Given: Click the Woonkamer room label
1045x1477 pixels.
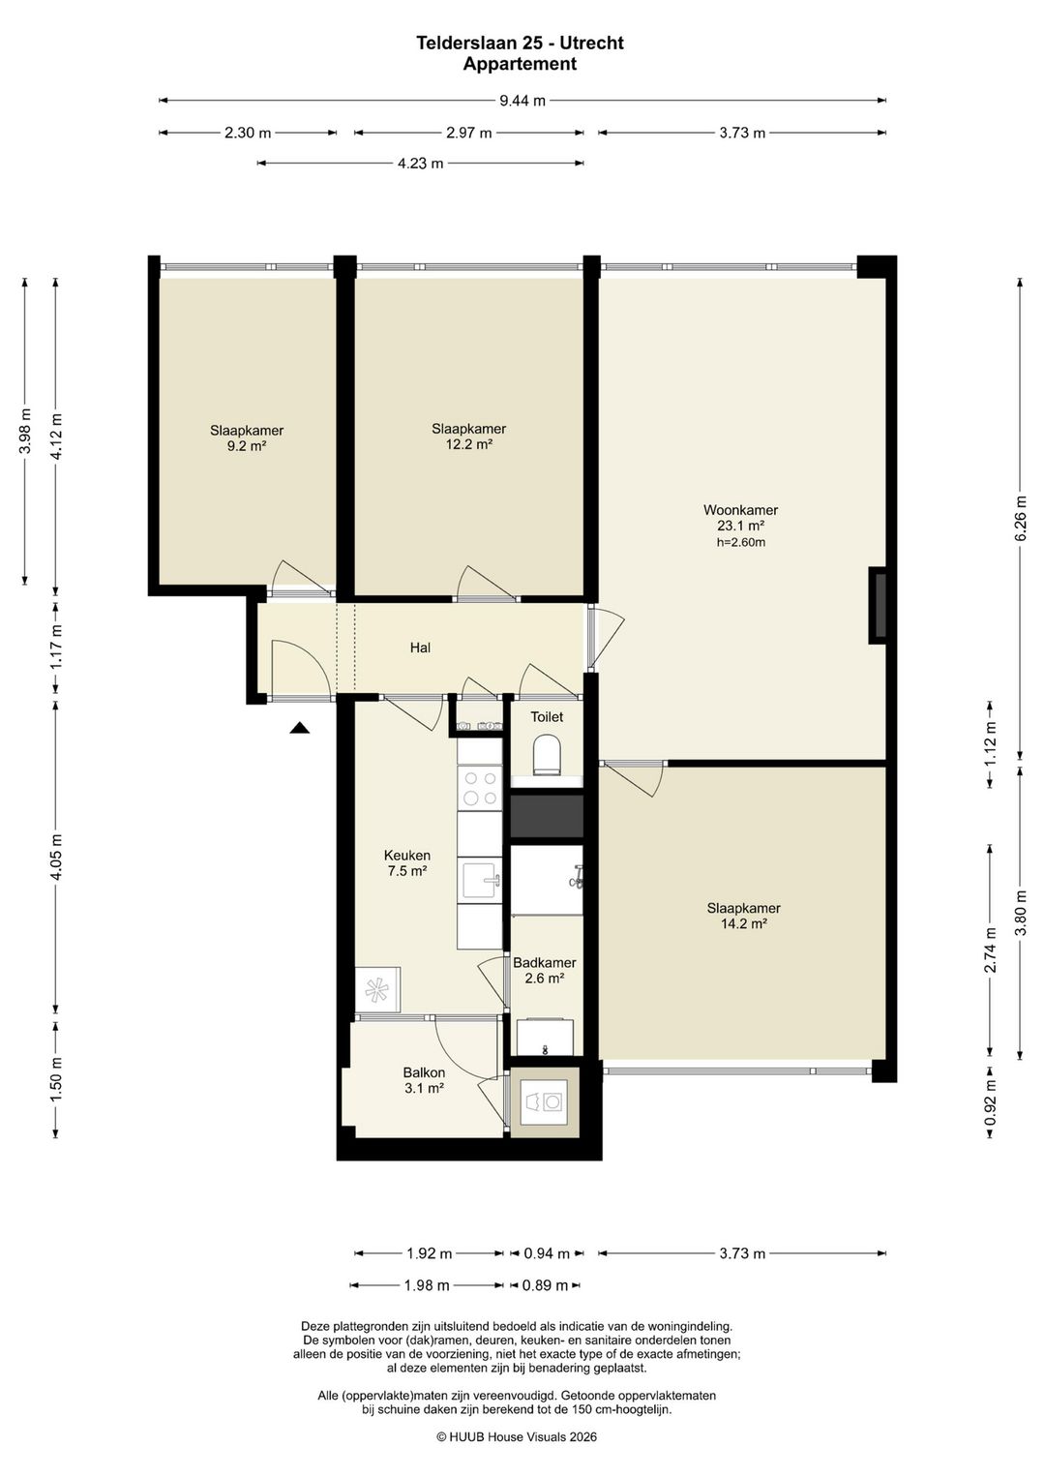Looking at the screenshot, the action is [x=740, y=510].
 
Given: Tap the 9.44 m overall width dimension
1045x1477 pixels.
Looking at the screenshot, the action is [x=522, y=101].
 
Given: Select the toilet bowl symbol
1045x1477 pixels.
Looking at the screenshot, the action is [x=547, y=754].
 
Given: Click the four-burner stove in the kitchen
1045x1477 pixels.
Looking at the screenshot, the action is [x=480, y=787].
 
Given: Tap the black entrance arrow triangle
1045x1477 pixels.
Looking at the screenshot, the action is [x=299, y=728].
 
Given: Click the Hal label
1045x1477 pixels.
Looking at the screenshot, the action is [x=420, y=648].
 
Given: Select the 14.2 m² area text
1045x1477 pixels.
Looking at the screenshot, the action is [x=744, y=923].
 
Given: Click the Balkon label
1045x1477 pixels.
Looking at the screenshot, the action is [x=425, y=1072].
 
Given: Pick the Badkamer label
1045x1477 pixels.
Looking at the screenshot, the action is [x=545, y=963].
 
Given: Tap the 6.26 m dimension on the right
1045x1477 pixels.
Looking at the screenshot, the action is [x=1021, y=518].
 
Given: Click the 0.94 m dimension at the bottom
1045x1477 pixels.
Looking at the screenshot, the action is [x=546, y=1253].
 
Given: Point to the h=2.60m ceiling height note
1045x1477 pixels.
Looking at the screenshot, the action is [x=741, y=543].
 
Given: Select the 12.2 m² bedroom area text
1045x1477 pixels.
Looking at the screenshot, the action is [x=468, y=444].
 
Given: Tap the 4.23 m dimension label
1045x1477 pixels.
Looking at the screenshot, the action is [x=420, y=164].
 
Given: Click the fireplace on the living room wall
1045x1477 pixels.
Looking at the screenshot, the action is [x=878, y=605].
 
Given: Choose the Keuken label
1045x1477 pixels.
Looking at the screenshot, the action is [x=406, y=856].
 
